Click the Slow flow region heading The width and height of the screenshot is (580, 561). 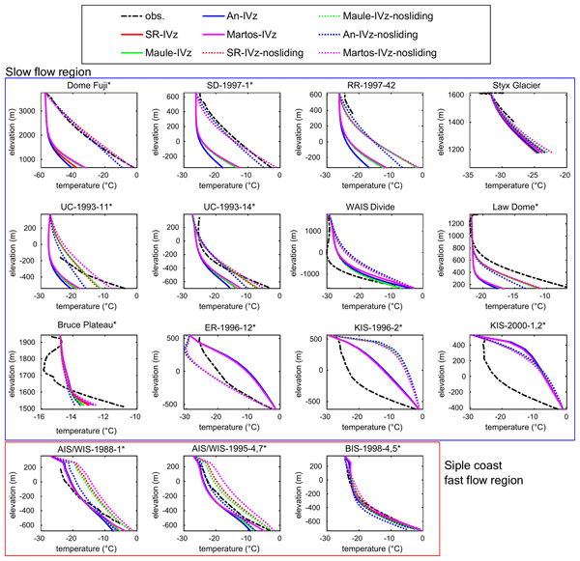pos(49,70)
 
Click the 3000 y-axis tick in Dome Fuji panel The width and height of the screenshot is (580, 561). pos(30,111)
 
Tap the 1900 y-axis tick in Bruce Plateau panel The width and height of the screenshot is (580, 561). pos(30,341)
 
